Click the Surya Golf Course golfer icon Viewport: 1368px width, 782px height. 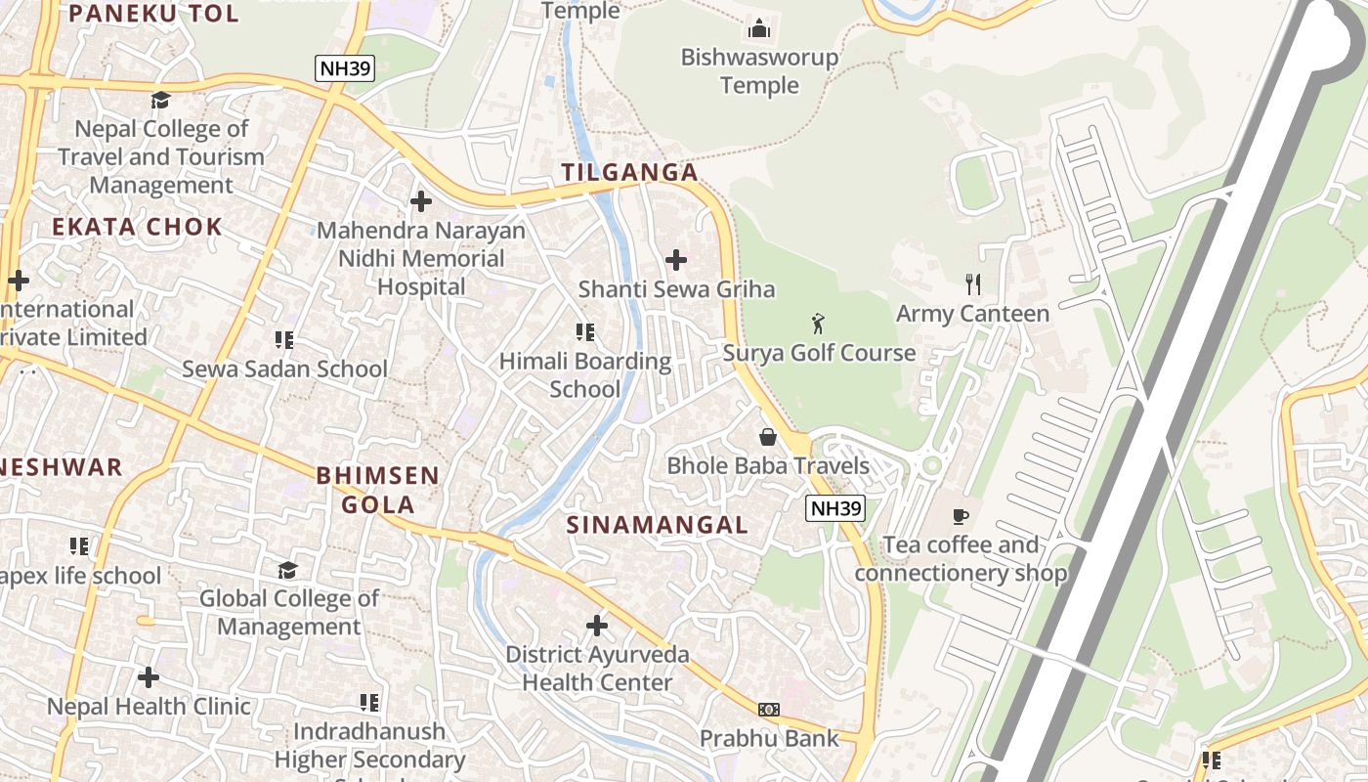pyautogui.click(x=818, y=324)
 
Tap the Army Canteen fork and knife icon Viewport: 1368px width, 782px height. pyautogui.click(x=972, y=284)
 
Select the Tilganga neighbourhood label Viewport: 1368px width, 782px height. pyautogui.click(x=629, y=173)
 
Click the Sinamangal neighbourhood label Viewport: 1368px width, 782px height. pyautogui.click(x=658, y=525)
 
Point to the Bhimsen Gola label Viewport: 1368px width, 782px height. pyautogui.click(x=377, y=490)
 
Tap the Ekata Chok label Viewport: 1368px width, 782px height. pyautogui.click(x=137, y=228)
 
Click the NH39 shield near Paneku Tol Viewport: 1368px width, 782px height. pyautogui.click(x=345, y=68)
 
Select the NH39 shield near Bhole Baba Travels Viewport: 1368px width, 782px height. pyautogui.click(x=836, y=508)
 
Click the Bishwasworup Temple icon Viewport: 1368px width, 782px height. pyautogui.click(x=759, y=28)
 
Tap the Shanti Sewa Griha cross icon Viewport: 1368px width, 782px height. pyautogui.click(x=675, y=260)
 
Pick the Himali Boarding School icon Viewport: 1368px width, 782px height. pyautogui.click(x=585, y=332)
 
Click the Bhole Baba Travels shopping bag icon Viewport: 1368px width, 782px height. pyautogui.click(x=768, y=436)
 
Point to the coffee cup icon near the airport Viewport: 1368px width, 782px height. pyautogui.click(x=961, y=515)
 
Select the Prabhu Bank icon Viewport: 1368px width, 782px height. pyautogui.click(x=769, y=709)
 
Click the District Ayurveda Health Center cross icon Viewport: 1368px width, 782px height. pyautogui.click(x=596, y=625)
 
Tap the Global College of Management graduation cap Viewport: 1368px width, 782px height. pyautogui.click(x=287, y=569)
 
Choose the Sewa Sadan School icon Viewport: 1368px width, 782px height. pyautogui.click(x=284, y=340)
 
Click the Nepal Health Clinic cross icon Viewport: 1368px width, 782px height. pyautogui.click(x=149, y=676)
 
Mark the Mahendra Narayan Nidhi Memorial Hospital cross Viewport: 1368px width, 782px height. pyautogui.click(x=420, y=201)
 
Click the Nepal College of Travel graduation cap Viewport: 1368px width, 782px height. pyautogui.click(x=160, y=100)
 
